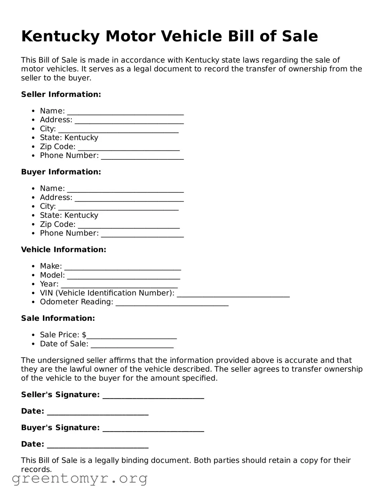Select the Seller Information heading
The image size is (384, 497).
click(61, 95)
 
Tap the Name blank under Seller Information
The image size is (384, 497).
click(125, 112)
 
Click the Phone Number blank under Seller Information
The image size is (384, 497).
click(142, 156)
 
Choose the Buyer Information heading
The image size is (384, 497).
click(61, 172)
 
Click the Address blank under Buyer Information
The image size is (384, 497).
click(129, 198)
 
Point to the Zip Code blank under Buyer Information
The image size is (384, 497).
click(128, 225)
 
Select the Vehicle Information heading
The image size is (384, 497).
click(63, 250)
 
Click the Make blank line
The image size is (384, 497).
click(122, 267)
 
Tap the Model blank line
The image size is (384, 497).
click(123, 276)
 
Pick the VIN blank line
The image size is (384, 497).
click(233, 294)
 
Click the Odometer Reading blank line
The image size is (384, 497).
click(172, 303)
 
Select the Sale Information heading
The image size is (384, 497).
click(58, 318)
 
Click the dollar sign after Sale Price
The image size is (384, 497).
click(84, 335)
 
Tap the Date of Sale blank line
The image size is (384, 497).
click(132, 345)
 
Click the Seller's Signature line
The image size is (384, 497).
click(153, 396)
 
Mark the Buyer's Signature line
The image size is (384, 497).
click(153, 429)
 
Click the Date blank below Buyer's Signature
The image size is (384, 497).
click(98, 445)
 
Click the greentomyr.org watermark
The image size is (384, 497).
click(79, 479)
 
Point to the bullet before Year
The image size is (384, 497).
click(33, 284)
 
